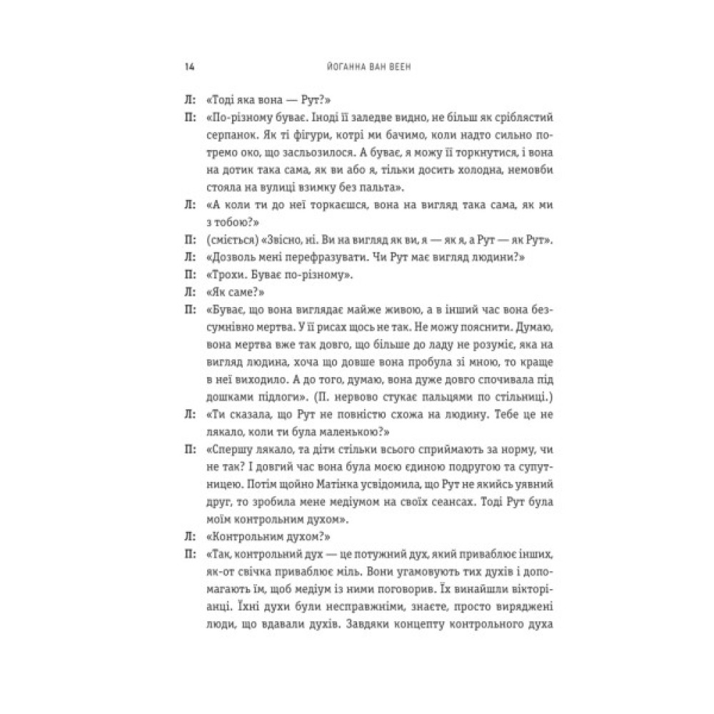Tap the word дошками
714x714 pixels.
[224, 394]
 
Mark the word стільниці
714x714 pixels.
[513, 394]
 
